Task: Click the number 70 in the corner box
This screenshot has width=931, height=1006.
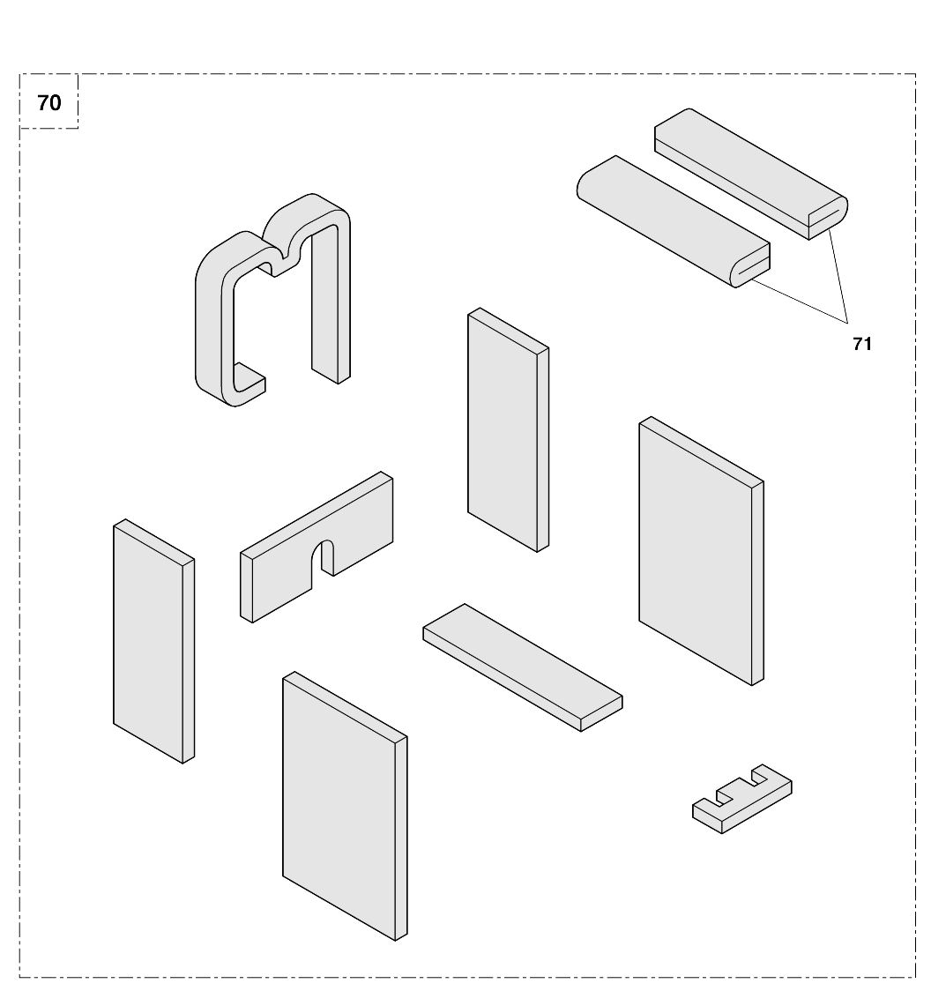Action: (49, 103)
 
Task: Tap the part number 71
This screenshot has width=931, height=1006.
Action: (861, 344)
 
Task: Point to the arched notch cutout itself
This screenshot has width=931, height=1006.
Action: (326, 555)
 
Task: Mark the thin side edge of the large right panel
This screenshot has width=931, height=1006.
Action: (757, 582)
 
